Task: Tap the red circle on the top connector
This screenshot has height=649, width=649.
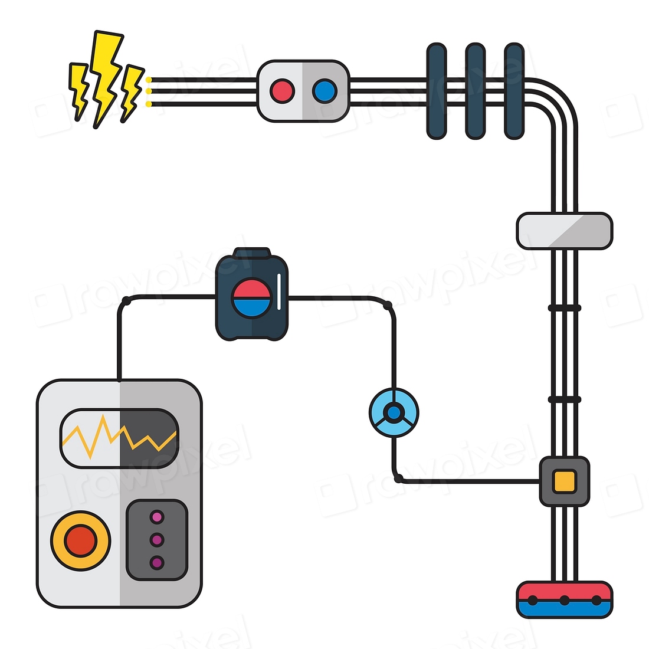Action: (x=282, y=91)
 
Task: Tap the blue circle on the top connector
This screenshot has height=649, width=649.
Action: (x=324, y=91)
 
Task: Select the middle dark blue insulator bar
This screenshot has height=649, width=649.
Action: (x=475, y=91)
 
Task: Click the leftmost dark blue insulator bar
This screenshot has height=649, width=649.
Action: (x=436, y=91)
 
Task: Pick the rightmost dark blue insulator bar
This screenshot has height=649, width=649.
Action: (x=514, y=91)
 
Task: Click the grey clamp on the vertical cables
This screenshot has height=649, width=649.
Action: (x=564, y=231)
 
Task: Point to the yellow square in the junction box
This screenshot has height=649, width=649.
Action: (x=564, y=481)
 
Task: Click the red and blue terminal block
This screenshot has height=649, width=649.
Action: (x=564, y=599)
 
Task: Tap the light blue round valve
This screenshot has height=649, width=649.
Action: (x=394, y=412)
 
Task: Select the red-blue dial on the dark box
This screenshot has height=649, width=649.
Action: (x=251, y=298)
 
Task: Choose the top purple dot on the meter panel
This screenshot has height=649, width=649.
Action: (x=157, y=517)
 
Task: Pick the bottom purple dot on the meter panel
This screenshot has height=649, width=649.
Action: (x=157, y=562)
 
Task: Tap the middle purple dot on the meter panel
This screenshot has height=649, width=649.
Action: (x=157, y=540)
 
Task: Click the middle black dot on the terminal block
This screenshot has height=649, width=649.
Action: (x=565, y=601)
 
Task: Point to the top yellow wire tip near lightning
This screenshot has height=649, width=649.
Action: (x=149, y=80)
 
